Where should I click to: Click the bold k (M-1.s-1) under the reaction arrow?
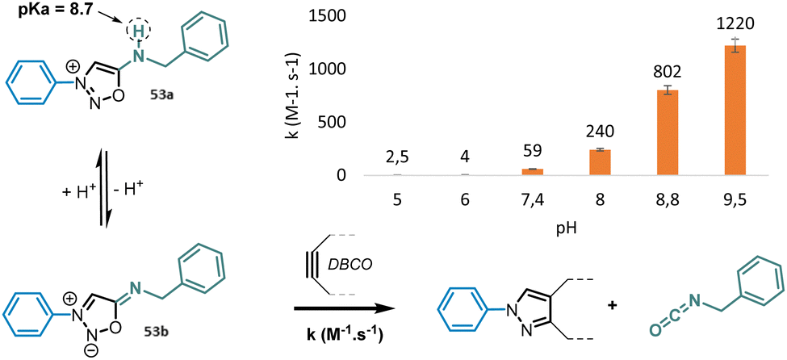336,332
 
